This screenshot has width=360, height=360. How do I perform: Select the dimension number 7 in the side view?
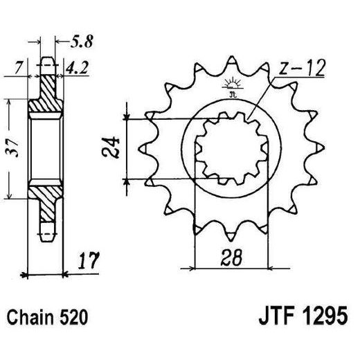[19, 69]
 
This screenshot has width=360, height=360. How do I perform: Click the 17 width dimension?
[87, 262]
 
